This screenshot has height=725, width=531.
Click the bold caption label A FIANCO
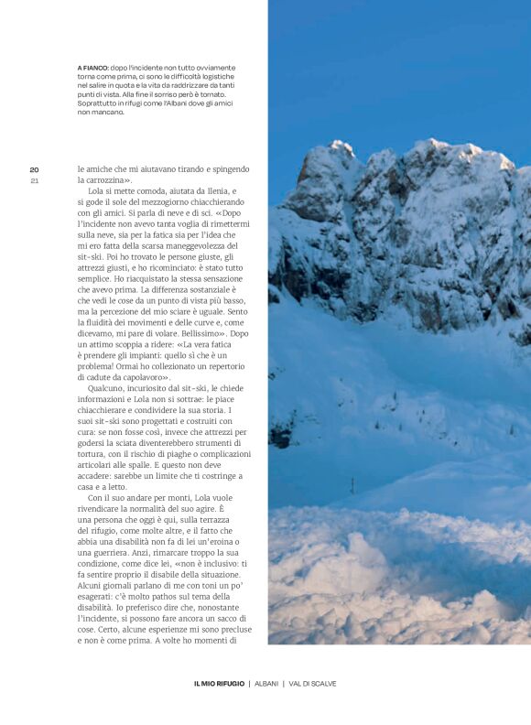[92, 68]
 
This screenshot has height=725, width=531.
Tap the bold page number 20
[34, 169]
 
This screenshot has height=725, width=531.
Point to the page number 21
[34, 180]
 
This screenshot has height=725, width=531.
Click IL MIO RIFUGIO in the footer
[218, 684]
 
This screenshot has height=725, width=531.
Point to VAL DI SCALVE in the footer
[315, 684]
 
